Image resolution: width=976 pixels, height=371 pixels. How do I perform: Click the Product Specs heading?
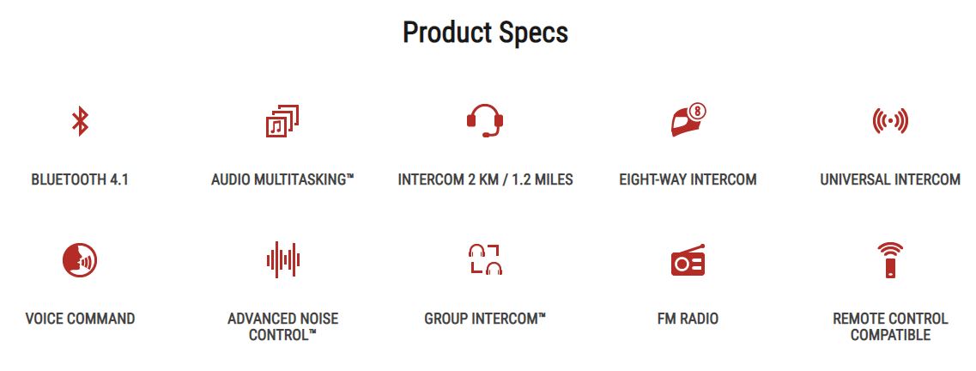485,33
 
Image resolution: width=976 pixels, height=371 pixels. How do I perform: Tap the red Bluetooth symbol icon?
80,121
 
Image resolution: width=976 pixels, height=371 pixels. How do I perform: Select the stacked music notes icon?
282,121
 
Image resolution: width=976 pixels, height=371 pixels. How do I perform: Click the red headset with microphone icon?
485,121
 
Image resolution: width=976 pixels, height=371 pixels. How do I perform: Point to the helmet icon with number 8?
688,121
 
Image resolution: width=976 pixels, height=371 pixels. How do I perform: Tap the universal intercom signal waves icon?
890,121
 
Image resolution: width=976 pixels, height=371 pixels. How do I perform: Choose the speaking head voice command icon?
80,260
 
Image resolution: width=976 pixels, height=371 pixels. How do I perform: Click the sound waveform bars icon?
283,259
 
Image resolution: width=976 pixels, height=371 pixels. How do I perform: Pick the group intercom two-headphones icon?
486,259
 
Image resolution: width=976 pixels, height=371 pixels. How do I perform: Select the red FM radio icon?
688,259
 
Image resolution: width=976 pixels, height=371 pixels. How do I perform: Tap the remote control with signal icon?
890,260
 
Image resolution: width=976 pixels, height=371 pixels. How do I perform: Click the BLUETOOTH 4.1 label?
80,179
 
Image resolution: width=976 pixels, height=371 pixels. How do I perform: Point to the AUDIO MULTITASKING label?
282,179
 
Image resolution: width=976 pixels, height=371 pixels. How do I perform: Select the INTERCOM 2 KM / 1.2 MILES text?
486,179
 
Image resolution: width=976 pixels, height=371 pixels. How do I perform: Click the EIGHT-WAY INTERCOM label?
688,179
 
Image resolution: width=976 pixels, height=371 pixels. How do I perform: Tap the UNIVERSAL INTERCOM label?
890,179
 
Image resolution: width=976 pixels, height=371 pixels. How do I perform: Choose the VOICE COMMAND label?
80,319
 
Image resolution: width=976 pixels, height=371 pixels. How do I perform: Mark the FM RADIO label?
688,319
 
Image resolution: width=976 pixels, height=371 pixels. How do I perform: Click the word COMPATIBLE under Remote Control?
890,335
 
